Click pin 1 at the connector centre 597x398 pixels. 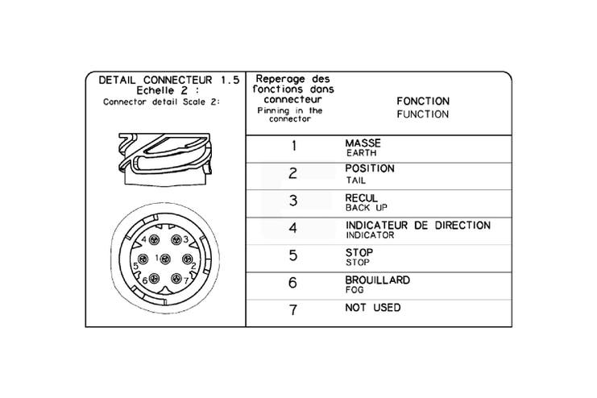tap(165, 259)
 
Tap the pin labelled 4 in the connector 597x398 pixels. tap(154, 239)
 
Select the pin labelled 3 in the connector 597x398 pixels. tap(176, 239)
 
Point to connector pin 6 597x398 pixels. tap(154, 278)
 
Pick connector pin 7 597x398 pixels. tap(176, 278)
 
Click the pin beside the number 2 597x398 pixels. tap(187, 259)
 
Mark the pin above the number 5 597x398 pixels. tap(143, 259)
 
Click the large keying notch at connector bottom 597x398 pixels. tap(165, 291)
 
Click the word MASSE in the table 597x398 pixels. tap(363, 143)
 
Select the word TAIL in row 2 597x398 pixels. tap(355, 180)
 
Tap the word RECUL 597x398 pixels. tap(361, 198)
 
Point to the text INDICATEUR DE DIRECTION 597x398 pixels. tap(418, 226)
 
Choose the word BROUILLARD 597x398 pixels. tap(378, 280)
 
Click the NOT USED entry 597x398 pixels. tap(373, 308)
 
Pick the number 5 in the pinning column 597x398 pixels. tap(292, 255)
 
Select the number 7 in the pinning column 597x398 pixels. tap(292, 309)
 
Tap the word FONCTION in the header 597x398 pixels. tap(423, 102)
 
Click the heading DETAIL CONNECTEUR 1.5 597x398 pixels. tap(169, 80)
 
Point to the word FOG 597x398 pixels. tap(354, 290)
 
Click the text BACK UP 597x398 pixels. tap(367, 208)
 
